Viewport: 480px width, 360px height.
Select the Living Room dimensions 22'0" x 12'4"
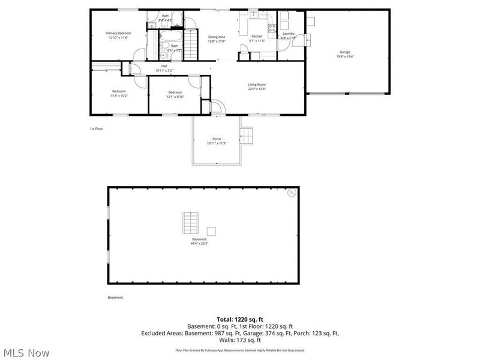pos(257,89)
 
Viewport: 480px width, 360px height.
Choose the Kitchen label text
pos(257,37)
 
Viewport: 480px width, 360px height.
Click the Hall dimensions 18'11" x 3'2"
pos(164,71)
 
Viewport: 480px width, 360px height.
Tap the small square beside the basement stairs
pos(211,231)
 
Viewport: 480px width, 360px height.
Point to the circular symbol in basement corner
pos(292,193)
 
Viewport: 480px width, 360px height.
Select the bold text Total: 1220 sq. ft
pos(240,319)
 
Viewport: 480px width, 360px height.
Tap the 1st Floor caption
pos(96,128)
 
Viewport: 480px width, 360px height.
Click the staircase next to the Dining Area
pos(191,42)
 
